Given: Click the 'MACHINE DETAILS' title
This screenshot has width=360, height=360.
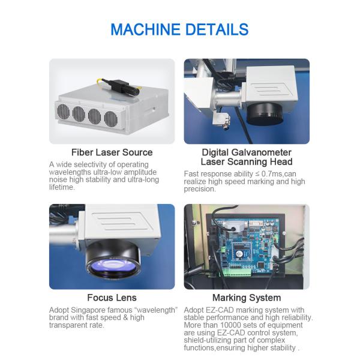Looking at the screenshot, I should tap(180, 29).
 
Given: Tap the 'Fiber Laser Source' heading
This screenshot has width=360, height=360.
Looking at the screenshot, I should tap(112, 152).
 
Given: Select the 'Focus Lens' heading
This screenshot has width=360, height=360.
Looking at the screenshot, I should tap(112, 298).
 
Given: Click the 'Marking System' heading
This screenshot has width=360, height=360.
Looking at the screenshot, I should tap(247, 298).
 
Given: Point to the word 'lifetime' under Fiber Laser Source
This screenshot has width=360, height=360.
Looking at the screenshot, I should tap(62, 187).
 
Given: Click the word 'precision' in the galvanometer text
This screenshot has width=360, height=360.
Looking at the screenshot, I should tap(200, 189).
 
